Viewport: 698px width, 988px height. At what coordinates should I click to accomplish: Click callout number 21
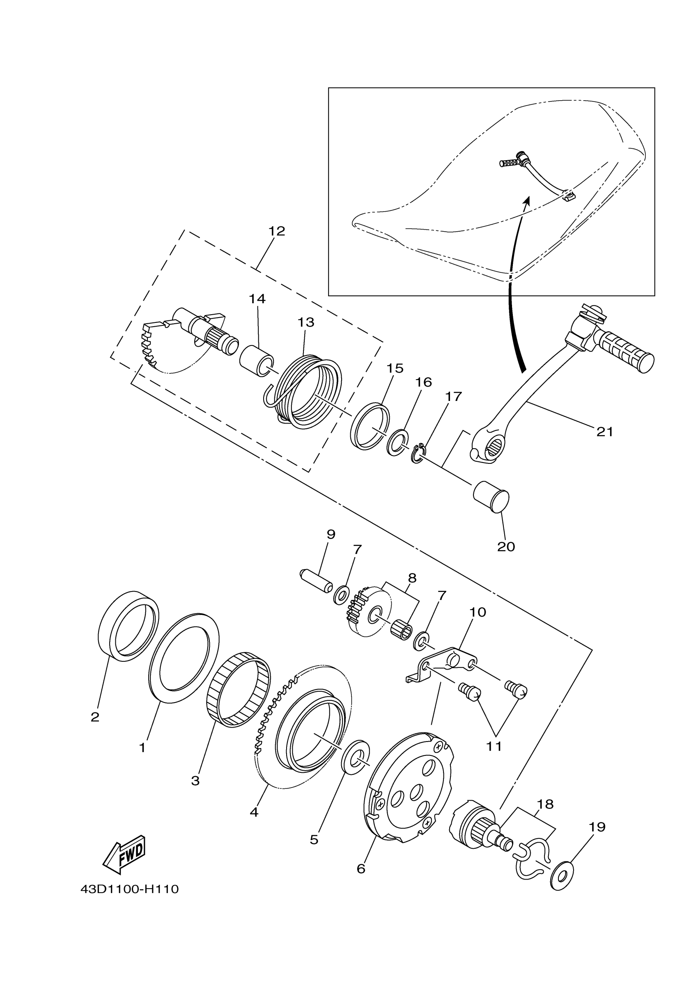605,432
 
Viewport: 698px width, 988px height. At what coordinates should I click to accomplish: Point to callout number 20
506,546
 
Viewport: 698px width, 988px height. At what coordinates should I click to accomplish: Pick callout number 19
597,827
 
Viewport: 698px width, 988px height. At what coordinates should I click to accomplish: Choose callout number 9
331,534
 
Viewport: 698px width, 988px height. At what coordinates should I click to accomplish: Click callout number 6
361,869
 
